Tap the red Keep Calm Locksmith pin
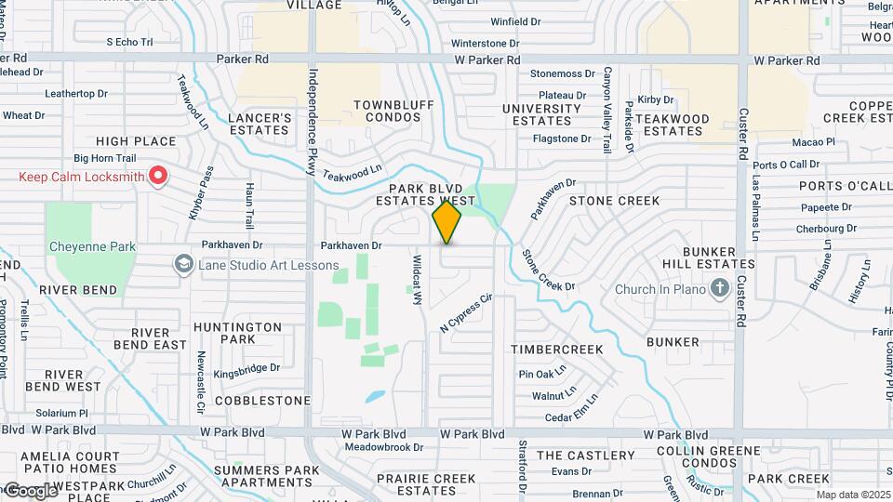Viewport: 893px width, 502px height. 158,174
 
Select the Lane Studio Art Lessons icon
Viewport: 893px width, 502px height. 183,265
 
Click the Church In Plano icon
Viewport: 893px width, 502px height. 719,289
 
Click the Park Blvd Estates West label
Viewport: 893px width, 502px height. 425,194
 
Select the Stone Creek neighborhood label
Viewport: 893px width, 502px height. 614,201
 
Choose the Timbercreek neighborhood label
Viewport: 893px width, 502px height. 557,350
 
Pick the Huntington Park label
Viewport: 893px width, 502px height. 238,333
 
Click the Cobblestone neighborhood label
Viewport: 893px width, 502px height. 262,401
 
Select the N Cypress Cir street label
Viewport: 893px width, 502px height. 465,314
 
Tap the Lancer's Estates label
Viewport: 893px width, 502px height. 260,125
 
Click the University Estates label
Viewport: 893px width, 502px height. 542,114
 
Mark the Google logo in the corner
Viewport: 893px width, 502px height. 30,490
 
